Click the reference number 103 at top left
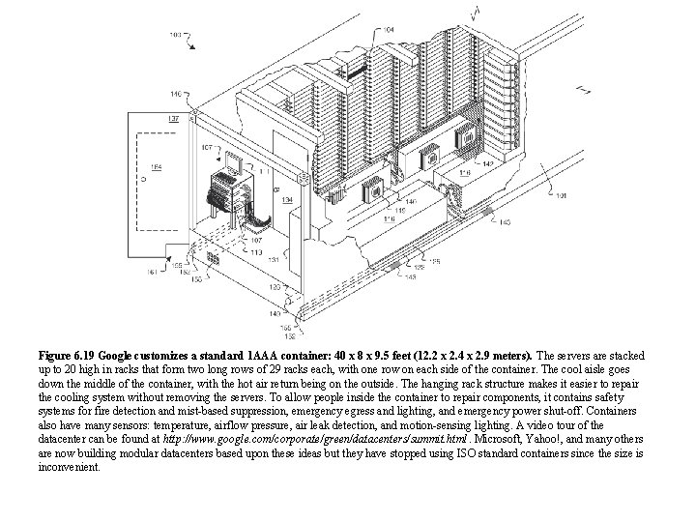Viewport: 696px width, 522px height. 175,35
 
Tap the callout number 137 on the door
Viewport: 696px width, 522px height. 174,118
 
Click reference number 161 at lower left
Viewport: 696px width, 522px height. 152,273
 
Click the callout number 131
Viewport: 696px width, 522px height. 274,258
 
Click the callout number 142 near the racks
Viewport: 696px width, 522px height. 487,164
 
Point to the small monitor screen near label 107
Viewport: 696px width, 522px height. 233,160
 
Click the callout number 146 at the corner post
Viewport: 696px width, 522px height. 176,94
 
